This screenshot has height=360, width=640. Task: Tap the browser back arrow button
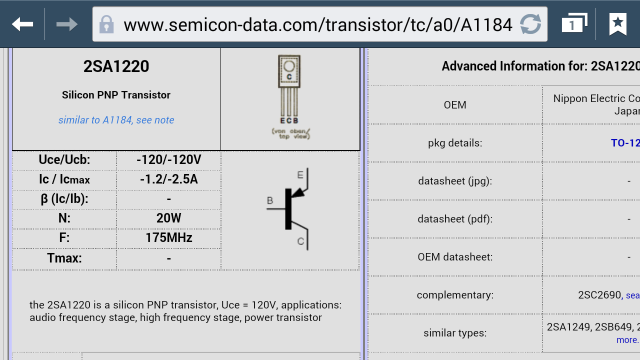(x=22, y=24)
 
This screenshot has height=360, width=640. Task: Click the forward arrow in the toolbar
(x=66, y=24)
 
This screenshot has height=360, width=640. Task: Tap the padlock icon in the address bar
(x=106, y=24)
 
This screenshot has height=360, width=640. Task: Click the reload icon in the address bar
(x=530, y=24)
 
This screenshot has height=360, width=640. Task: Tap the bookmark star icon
(x=618, y=24)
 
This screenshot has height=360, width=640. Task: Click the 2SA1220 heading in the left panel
(x=116, y=66)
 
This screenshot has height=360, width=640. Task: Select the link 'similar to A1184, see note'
(x=116, y=120)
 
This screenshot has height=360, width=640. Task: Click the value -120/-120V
(x=168, y=160)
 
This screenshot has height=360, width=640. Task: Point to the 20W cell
(x=168, y=218)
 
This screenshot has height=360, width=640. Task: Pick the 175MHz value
(x=168, y=237)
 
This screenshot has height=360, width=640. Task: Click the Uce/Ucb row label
(x=64, y=160)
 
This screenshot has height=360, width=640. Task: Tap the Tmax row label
(x=64, y=258)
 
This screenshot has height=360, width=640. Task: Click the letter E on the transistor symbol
(x=300, y=175)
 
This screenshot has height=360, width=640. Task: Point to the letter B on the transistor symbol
(x=270, y=201)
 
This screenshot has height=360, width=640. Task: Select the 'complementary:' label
(x=455, y=295)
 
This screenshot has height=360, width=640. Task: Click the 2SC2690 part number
(x=599, y=295)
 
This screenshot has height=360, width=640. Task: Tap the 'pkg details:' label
(x=455, y=143)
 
